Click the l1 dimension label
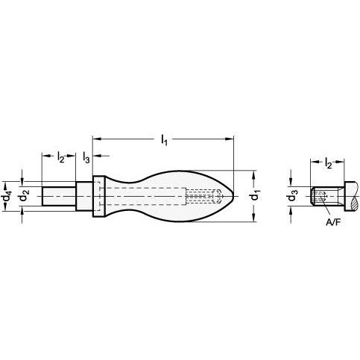coord(164,139)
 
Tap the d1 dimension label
coord(255,195)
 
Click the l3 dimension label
coord(86,157)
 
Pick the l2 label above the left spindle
coord(60,157)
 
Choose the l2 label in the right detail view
coord(328,163)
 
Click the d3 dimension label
coord(293,195)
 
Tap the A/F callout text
coord(332,223)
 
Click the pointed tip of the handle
coord(233,196)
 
